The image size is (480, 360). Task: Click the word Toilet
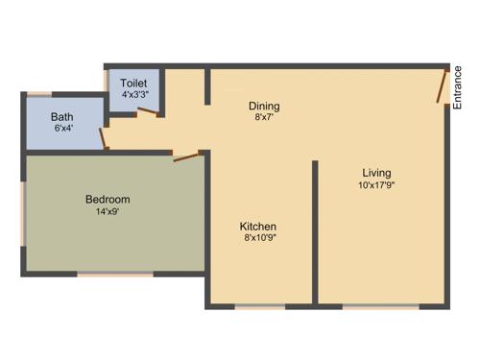133,84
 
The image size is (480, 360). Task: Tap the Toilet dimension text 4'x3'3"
133,96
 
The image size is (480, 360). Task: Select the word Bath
62,117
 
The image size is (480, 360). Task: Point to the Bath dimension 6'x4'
62,130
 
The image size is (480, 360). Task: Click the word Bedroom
108,200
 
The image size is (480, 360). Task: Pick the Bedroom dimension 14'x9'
108,212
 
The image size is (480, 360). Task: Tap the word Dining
265,106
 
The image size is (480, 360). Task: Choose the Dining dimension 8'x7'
265,118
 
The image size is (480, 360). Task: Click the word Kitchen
258,227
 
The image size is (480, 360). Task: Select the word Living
377,173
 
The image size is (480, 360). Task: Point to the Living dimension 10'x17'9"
377,185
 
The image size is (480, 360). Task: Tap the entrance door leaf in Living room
443,86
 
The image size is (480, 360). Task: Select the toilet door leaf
148,110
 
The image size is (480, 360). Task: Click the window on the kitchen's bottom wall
260,307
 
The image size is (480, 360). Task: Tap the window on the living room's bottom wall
380,307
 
